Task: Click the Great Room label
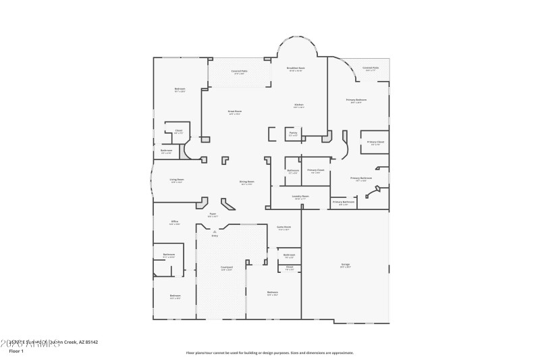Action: (x=235, y=111)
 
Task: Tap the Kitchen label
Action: (x=298, y=105)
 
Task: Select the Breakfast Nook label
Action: (x=296, y=68)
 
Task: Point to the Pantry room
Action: (x=293, y=134)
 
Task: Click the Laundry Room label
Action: (x=300, y=197)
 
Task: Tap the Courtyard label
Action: (x=227, y=268)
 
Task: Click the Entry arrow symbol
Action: (x=215, y=232)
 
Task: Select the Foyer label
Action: (x=212, y=214)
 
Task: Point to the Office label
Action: (x=174, y=222)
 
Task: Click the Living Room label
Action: (x=177, y=180)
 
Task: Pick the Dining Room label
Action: (x=246, y=182)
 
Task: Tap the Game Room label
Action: (x=283, y=228)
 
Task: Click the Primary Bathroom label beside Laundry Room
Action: (x=343, y=202)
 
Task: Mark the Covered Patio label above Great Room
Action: (x=239, y=71)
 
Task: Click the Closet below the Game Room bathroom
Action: (x=289, y=267)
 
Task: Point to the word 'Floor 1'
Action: (x=16, y=351)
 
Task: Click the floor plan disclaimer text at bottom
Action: (x=269, y=352)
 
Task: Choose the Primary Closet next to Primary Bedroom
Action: (x=375, y=143)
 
